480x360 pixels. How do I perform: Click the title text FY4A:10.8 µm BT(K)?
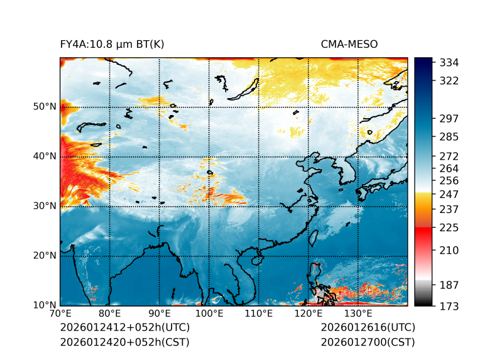coord(112,44)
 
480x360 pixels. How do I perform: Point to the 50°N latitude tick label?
coord(45,107)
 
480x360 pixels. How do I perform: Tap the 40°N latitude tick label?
coord(45,156)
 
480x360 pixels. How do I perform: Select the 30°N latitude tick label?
coord(45,206)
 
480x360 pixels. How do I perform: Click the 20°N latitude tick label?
coord(45,256)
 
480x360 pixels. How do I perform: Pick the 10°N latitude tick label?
coord(45,305)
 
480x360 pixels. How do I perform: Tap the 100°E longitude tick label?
coord(209,314)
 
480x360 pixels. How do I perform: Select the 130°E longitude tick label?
coord(358,314)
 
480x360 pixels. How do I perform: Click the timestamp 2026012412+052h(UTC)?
coord(124,328)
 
